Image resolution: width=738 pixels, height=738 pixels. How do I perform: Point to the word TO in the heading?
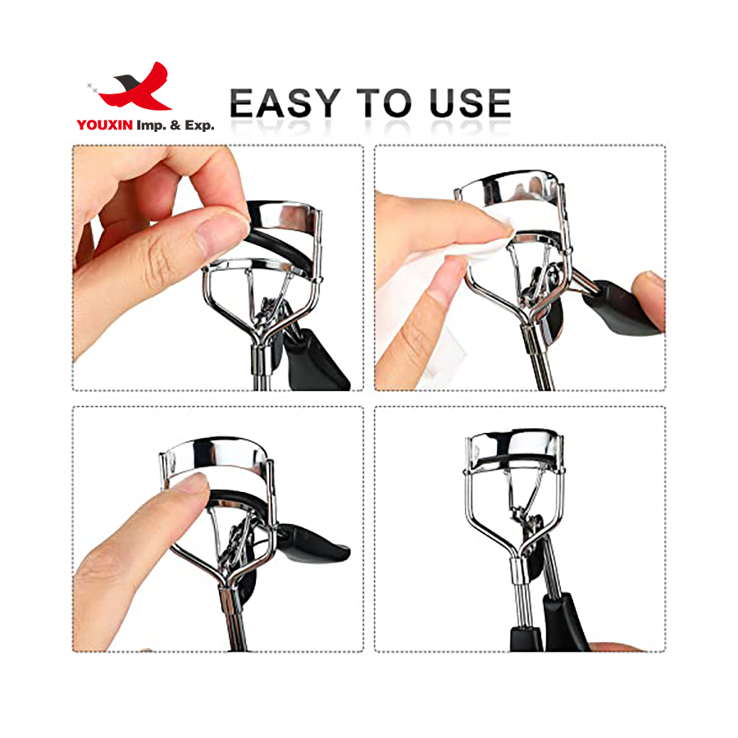point(385,105)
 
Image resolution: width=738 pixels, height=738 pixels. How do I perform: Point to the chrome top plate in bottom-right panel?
point(517,444)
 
